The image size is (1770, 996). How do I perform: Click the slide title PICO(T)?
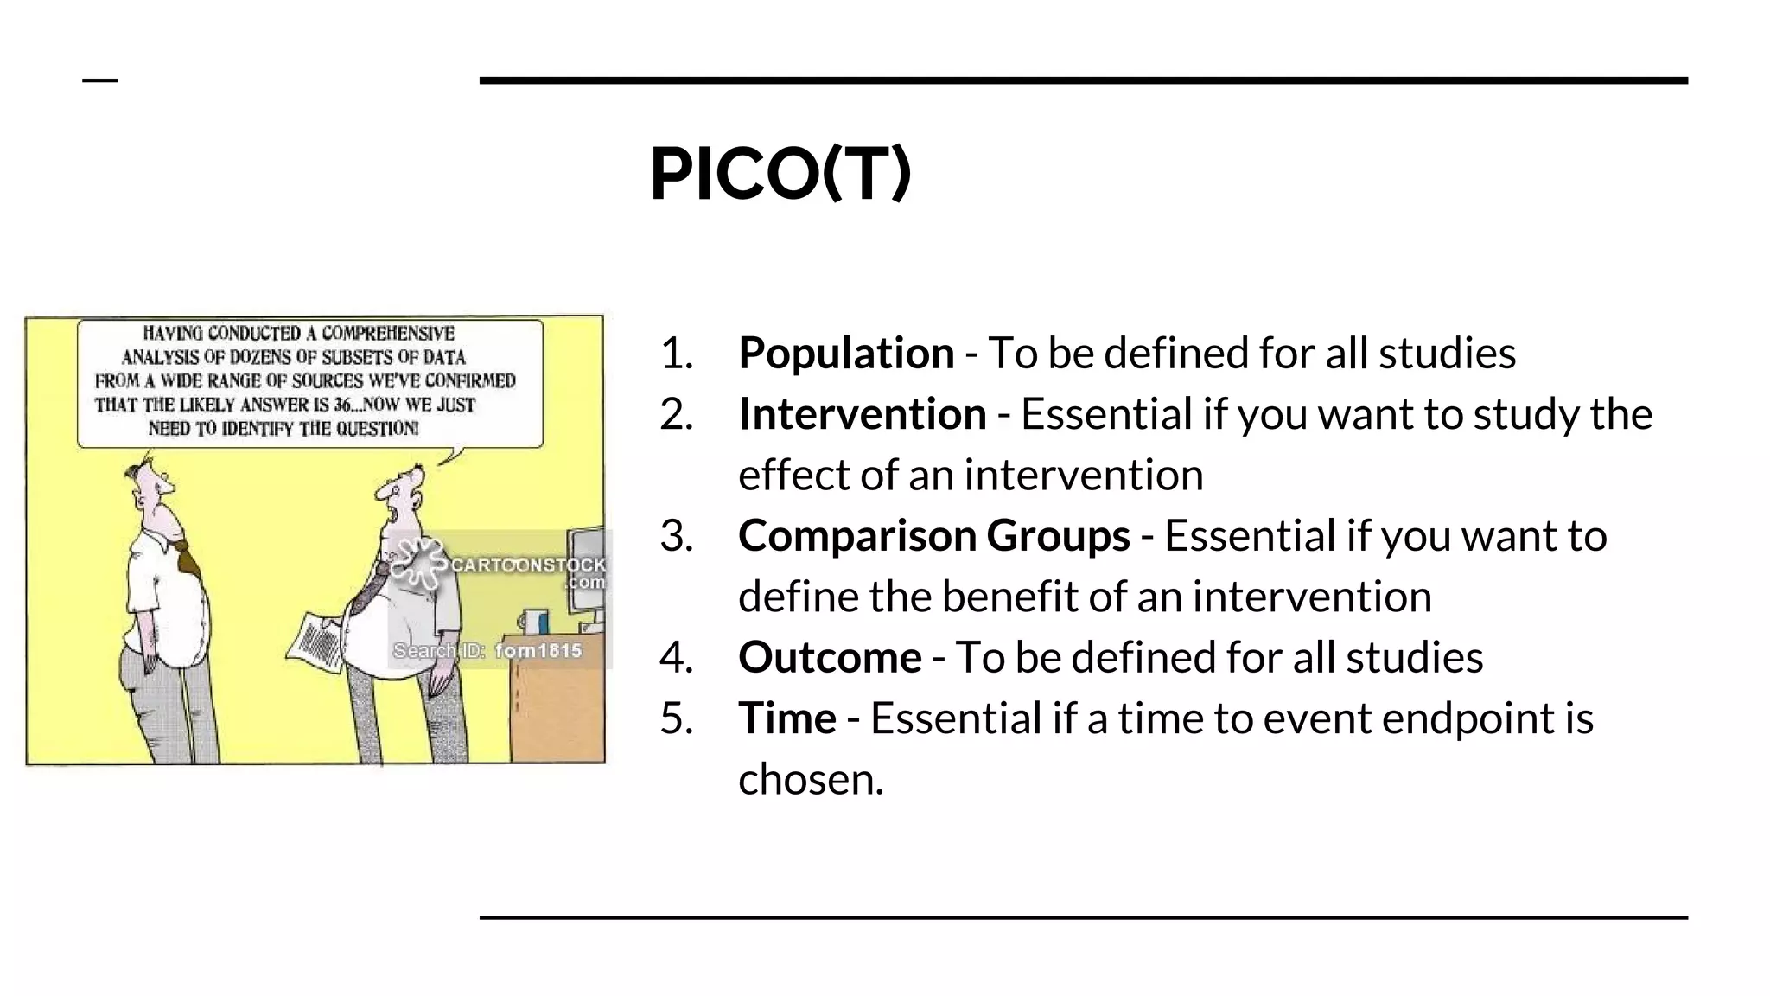[x=780, y=174]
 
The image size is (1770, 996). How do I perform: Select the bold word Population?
[x=845, y=353]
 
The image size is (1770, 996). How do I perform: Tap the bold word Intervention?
[x=862, y=414]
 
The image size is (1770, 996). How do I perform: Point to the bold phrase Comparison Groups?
[x=933, y=535]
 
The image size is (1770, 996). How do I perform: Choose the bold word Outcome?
[x=829, y=657]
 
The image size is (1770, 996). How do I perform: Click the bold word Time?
[x=786, y=718]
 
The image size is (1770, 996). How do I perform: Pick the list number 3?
[x=676, y=535]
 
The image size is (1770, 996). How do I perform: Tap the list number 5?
[x=676, y=718]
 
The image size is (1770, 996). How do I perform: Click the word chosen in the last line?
[x=810, y=779]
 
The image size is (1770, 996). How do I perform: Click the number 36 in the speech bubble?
[x=343, y=405]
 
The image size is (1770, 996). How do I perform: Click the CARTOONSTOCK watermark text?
[x=527, y=565]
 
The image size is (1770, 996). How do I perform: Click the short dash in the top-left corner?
[x=99, y=80]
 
